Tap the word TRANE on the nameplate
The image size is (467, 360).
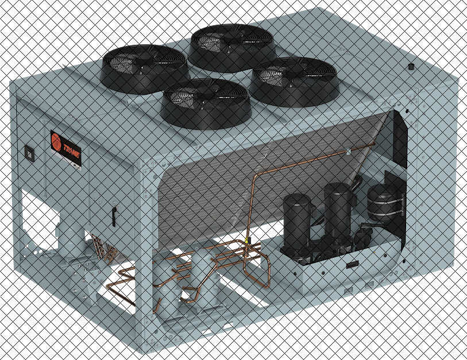pyautogui.click(x=71, y=151)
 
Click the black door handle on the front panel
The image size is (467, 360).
pyautogui.click(x=114, y=216)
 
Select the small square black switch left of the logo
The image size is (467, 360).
pyautogui.click(x=30, y=154)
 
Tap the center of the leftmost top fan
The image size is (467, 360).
pyautogui.click(x=144, y=60)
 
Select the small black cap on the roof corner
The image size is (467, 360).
pyautogui.click(x=411, y=67)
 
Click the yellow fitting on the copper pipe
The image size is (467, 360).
pyautogui.click(x=246, y=241)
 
